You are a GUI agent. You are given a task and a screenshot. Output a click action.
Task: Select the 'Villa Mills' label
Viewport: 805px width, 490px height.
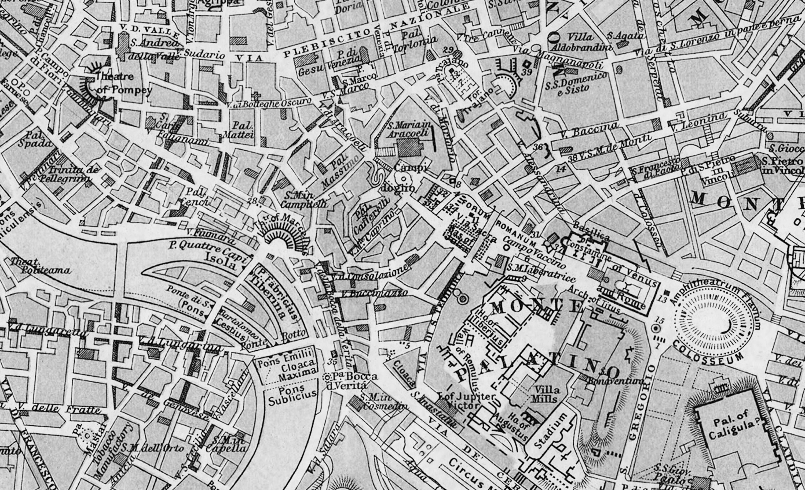point(546,394)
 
